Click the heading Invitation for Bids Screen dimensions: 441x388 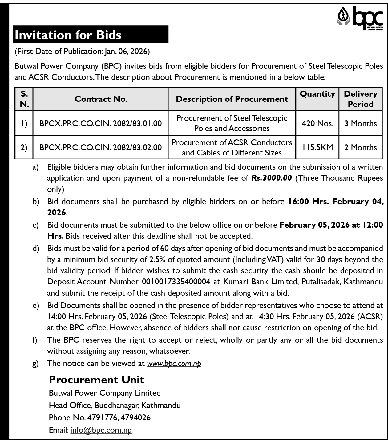(x=68, y=35)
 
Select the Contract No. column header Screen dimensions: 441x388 (x=101, y=99)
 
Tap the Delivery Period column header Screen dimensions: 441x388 (x=360, y=99)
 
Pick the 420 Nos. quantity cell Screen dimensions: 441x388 (x=317, y=123)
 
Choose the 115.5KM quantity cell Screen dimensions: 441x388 (x=317, y=147)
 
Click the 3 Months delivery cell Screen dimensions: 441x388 (x=360, y=123)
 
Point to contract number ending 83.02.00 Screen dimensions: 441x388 (x=100, y=147)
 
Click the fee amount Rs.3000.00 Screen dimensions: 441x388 (x=271, y=178)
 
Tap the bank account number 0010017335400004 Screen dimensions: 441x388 (x=176, y=282)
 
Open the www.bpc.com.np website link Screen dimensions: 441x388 (x=174, y=364)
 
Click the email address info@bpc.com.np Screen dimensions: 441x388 (x=101, y=430)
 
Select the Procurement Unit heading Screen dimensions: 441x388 (x=97, y=380)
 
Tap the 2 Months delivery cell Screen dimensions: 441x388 (x=360, y=147)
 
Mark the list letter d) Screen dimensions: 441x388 (x=36, y=248)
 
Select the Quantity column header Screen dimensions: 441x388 (x=317, y=94)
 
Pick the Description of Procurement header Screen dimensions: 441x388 (x=232, y=99)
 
